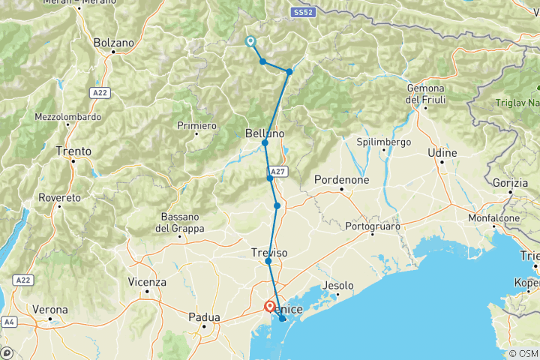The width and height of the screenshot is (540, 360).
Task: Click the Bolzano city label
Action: click(114, 43)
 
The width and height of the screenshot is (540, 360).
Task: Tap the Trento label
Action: click(73, 151)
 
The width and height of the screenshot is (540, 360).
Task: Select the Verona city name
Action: click(50, 309)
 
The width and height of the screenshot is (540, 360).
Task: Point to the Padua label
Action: click(204, 316)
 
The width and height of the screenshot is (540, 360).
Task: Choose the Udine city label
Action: click(442, 152)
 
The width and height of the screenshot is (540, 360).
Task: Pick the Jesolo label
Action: click(337, 286)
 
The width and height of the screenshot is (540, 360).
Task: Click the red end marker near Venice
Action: click(269, 306)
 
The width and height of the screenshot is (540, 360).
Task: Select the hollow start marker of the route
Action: click(250, 42)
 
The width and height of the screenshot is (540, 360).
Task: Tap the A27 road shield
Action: click(277, 171)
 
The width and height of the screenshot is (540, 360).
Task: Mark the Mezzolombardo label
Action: click(67, 117)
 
